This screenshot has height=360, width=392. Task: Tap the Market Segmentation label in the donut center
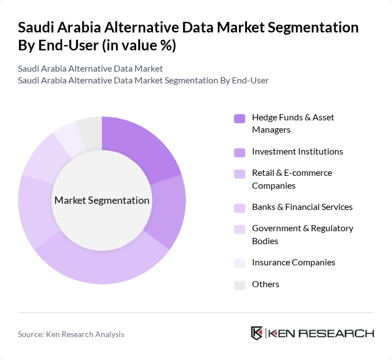click(x=102, y=200)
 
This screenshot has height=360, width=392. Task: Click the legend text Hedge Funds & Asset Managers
click(x=293, y=123)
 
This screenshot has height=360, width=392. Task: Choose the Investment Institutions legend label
click(x=297, y=151)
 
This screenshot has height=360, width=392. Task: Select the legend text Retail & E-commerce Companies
click(x=292, y=179)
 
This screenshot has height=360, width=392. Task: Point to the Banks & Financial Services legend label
click(x=302, y=207)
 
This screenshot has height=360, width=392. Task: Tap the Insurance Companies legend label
click(x=293, y=262)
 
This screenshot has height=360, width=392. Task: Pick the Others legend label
click(x=265, y=284)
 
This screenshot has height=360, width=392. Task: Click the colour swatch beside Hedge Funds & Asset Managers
click(x=240, y=118)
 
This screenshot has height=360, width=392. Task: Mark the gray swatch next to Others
click(x=240, y=285)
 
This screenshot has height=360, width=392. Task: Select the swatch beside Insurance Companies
click(x=240, y=263)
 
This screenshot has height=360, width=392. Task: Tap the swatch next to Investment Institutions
click(x=240, y=152)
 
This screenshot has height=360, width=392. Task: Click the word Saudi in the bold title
click(x=37, y=27)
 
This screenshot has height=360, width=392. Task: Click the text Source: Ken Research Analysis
click(x=71, y=334)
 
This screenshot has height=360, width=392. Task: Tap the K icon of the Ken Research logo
click(x=257, y=333)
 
